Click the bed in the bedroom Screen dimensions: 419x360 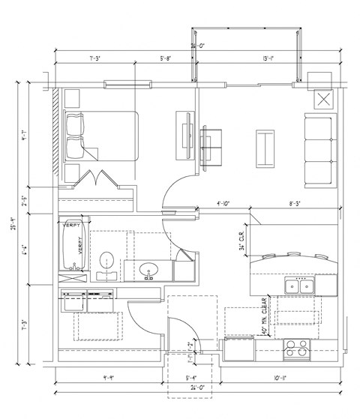(100, 136)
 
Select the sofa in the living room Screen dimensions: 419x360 (320, 150)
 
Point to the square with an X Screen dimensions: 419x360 (325, 99)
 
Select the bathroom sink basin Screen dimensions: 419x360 (148, 269)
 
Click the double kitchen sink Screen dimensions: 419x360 (298, 286)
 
